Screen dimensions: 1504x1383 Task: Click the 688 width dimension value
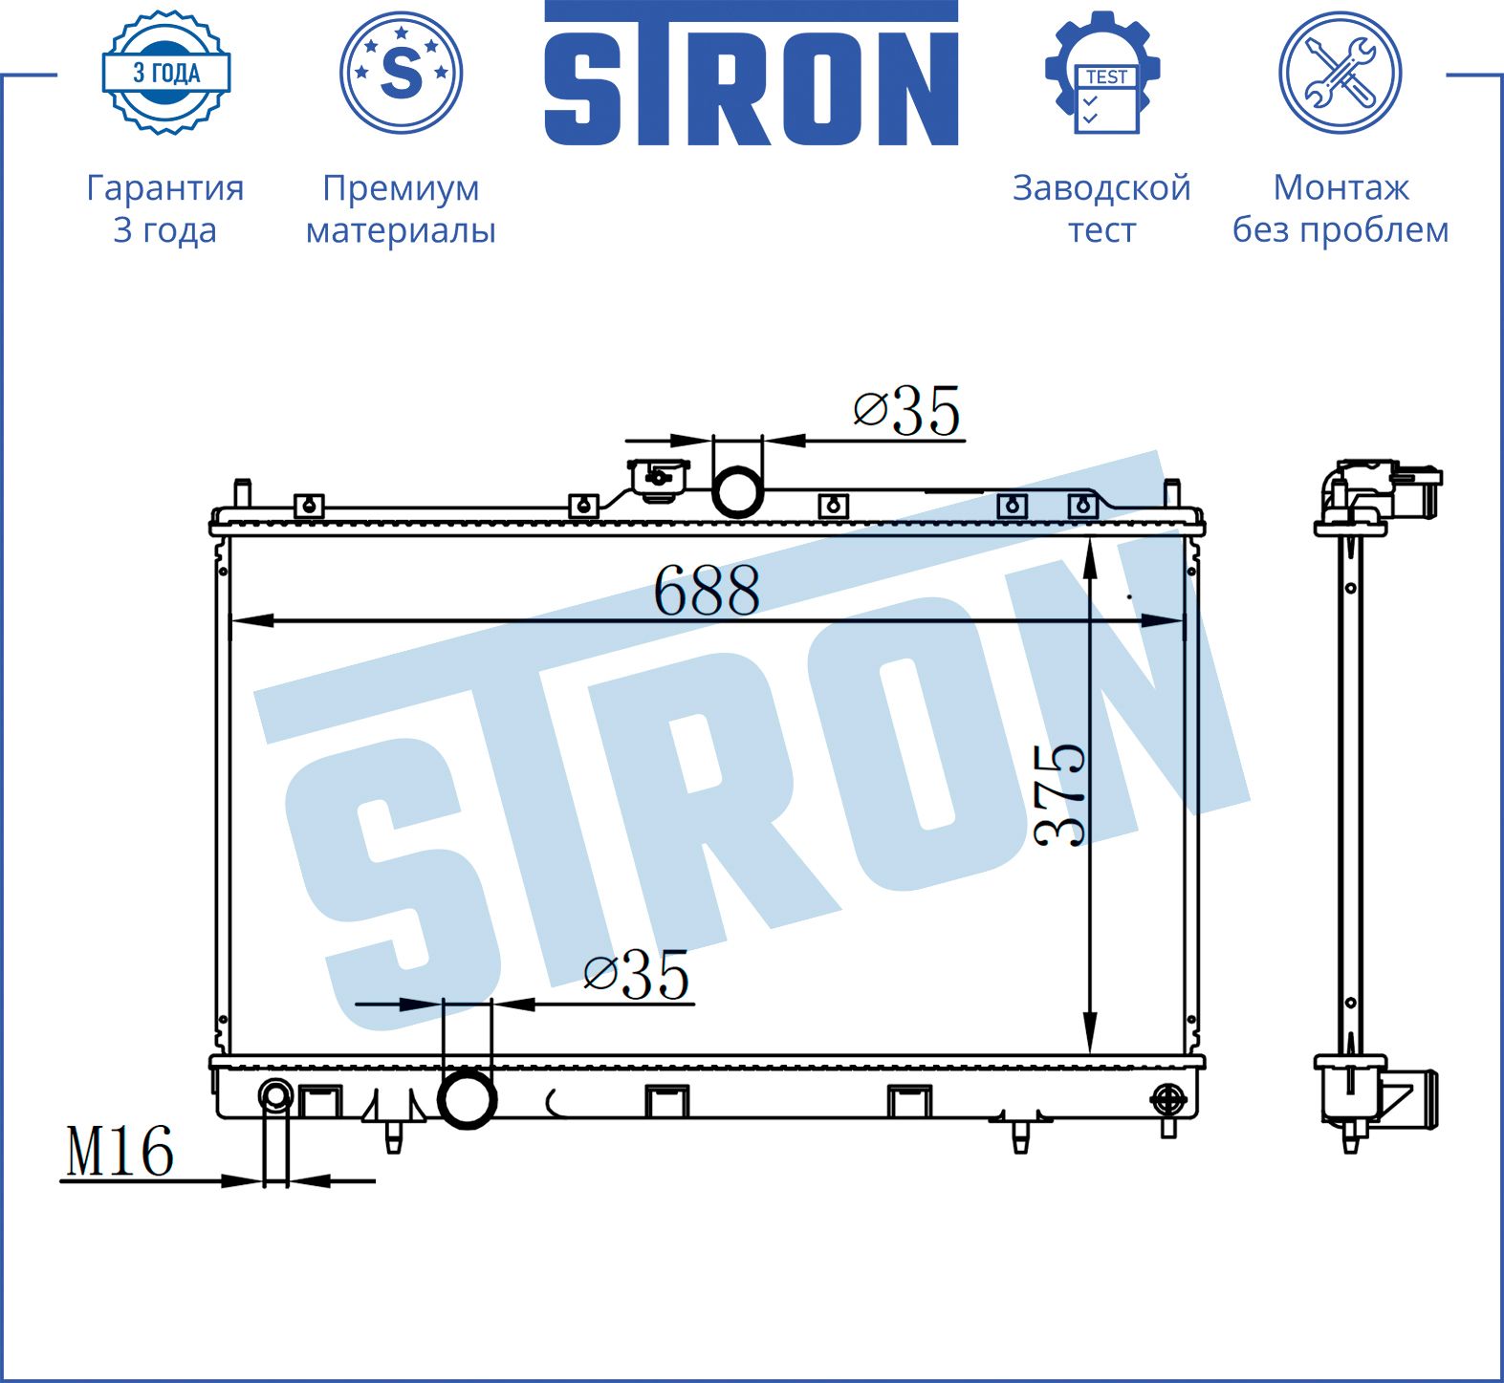707,591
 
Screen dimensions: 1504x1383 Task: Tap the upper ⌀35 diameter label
906,411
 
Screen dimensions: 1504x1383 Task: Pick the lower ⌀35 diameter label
636,975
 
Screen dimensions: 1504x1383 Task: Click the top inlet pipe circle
737,491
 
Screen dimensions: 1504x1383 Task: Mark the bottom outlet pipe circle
467,1099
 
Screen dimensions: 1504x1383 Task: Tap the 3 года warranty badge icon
166,73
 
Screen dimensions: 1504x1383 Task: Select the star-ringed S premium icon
401,72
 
